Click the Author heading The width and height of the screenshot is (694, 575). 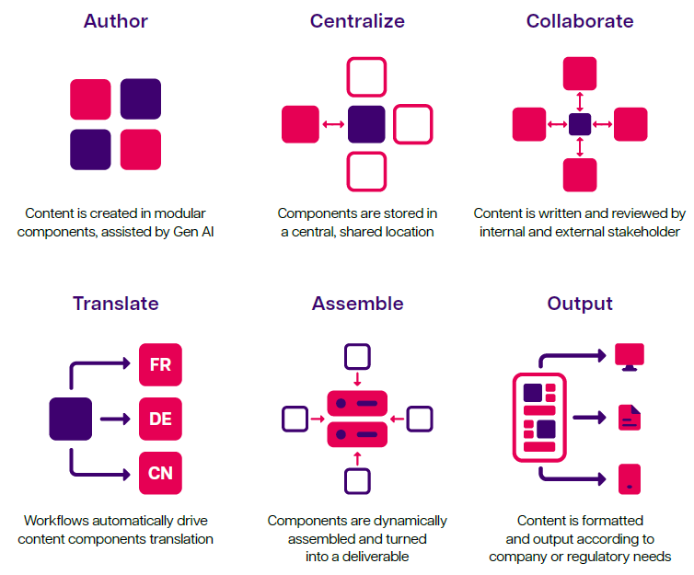pyautogui.click(x=115, y=21)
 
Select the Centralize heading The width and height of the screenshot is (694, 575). pyautogui.click(x=357, y=21)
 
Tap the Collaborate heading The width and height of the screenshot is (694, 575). pyautogui.click(x=580, y=21)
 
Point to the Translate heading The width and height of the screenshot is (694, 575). pyautogui.click(x=115, y=304)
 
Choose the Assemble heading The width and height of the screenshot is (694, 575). pyautogui.click(x=357, y=304)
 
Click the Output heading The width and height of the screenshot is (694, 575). pyautogui.click(x=580, y=304)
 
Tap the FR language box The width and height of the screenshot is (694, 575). pyautogui.click(x=160, y=365)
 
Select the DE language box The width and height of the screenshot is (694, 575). pyautogui.click(x=160, y=420)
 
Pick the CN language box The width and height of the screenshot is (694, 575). pyautogui.click(x=160, y=475)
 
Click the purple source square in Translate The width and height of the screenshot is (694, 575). pyautogui.click(x=71, y=420)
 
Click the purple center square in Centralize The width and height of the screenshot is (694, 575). pyautogui.click(x=366, y=124)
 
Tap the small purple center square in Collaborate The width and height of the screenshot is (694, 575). pyautogui.click(x=580, y=124)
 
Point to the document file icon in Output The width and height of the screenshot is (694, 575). pyautogui.click(x=630, y=419)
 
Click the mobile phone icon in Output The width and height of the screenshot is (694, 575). pyautogui.click(x=630, y=478)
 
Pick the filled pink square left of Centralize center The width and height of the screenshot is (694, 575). pyautogui.click(x=300, y=124)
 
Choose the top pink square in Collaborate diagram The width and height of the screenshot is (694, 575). pyautogui.click(x=580, y=74)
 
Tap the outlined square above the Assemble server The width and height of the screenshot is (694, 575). pyautogui.click(x=357, y=357)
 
